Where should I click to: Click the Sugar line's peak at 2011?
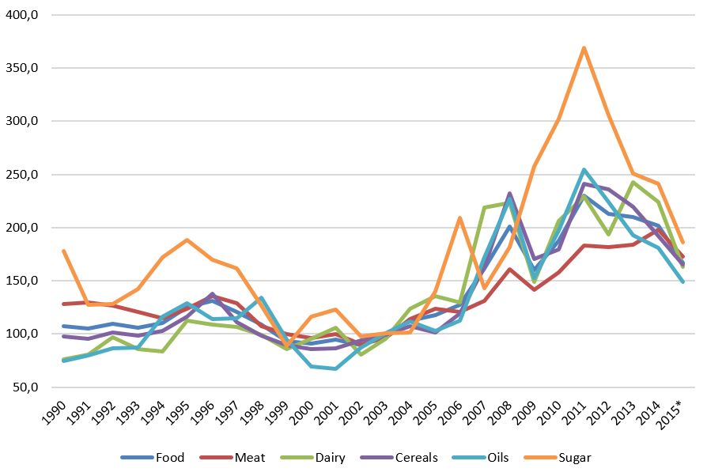coord(584,48)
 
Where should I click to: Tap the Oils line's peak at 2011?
coord(584,169)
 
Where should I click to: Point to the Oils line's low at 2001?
coord(335,368)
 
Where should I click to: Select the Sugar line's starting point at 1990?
coord(62,251)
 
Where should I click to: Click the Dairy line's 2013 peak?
coord(633,183)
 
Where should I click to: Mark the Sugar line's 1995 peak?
coord(187,240)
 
